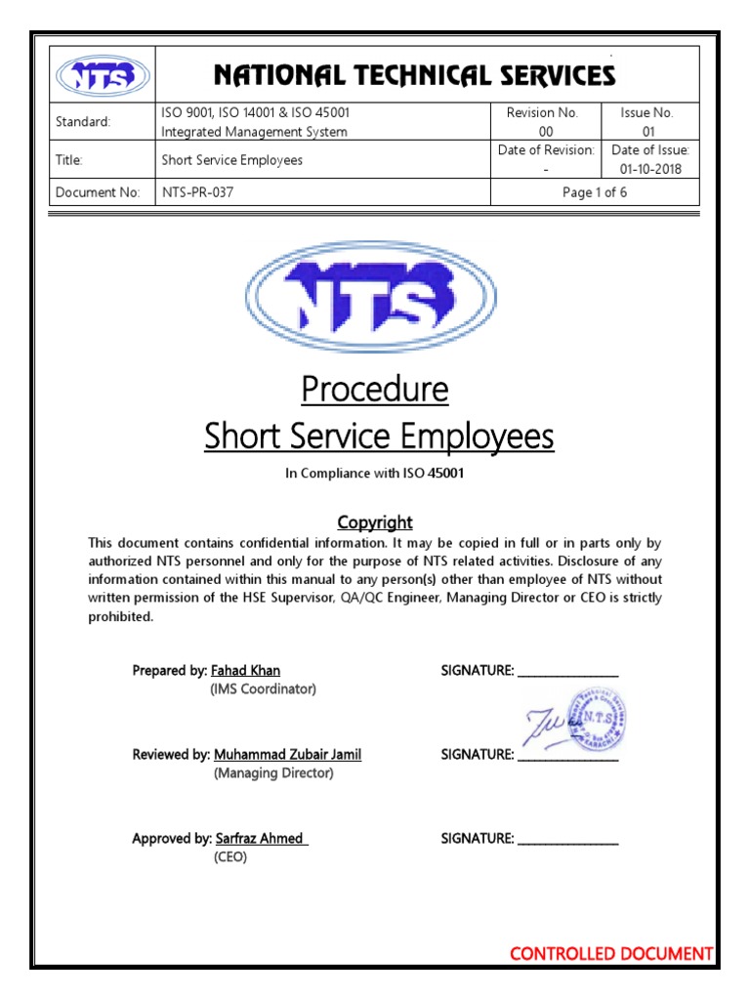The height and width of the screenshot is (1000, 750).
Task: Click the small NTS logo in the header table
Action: coord(103,75)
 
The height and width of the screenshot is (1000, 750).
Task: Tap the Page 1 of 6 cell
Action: coord(594,192)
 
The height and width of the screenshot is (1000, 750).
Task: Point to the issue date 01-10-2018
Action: coord(650,169)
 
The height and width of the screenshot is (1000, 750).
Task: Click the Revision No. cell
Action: coord(542,122)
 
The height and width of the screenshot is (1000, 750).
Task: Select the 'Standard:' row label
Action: coord(83,122)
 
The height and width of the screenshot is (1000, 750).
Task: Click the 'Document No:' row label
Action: coord(98,192)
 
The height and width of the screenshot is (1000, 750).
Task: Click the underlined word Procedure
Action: coord(375,390)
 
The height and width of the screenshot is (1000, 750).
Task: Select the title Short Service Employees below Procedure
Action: coord(379,437)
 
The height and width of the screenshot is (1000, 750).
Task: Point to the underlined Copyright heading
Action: coord(375,522)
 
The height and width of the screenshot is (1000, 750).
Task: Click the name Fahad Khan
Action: coord(245,670)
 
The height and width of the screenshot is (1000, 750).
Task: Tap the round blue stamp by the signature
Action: coord(596,721)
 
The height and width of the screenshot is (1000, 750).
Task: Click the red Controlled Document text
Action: coord(611,953)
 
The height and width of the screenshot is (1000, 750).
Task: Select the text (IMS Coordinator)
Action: coord(264,688)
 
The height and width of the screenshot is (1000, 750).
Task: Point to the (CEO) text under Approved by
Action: coord(230,856)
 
